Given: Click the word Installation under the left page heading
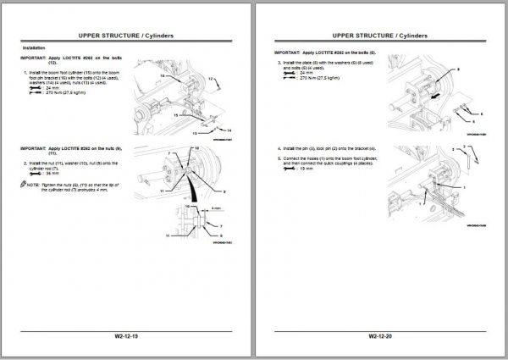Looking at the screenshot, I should [x=35, y=47].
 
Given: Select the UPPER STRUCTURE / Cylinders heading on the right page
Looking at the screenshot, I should [x=378, y=36].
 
